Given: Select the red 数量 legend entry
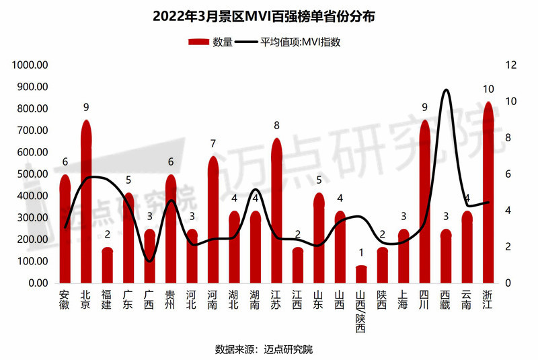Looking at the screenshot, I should (x=210, y=42).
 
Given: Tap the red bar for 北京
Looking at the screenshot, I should (x=85, y=202).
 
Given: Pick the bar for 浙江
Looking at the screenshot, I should (x=488, y=195).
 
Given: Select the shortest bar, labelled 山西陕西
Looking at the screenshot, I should (x=361, y=275).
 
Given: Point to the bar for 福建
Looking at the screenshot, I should (x=107, y=266).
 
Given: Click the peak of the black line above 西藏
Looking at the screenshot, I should (x=445, y=89).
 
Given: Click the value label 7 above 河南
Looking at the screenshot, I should (x=213, y=143).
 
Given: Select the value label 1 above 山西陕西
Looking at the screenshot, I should (x=361, y=253).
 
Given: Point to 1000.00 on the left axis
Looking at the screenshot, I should (x=30, y=65).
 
